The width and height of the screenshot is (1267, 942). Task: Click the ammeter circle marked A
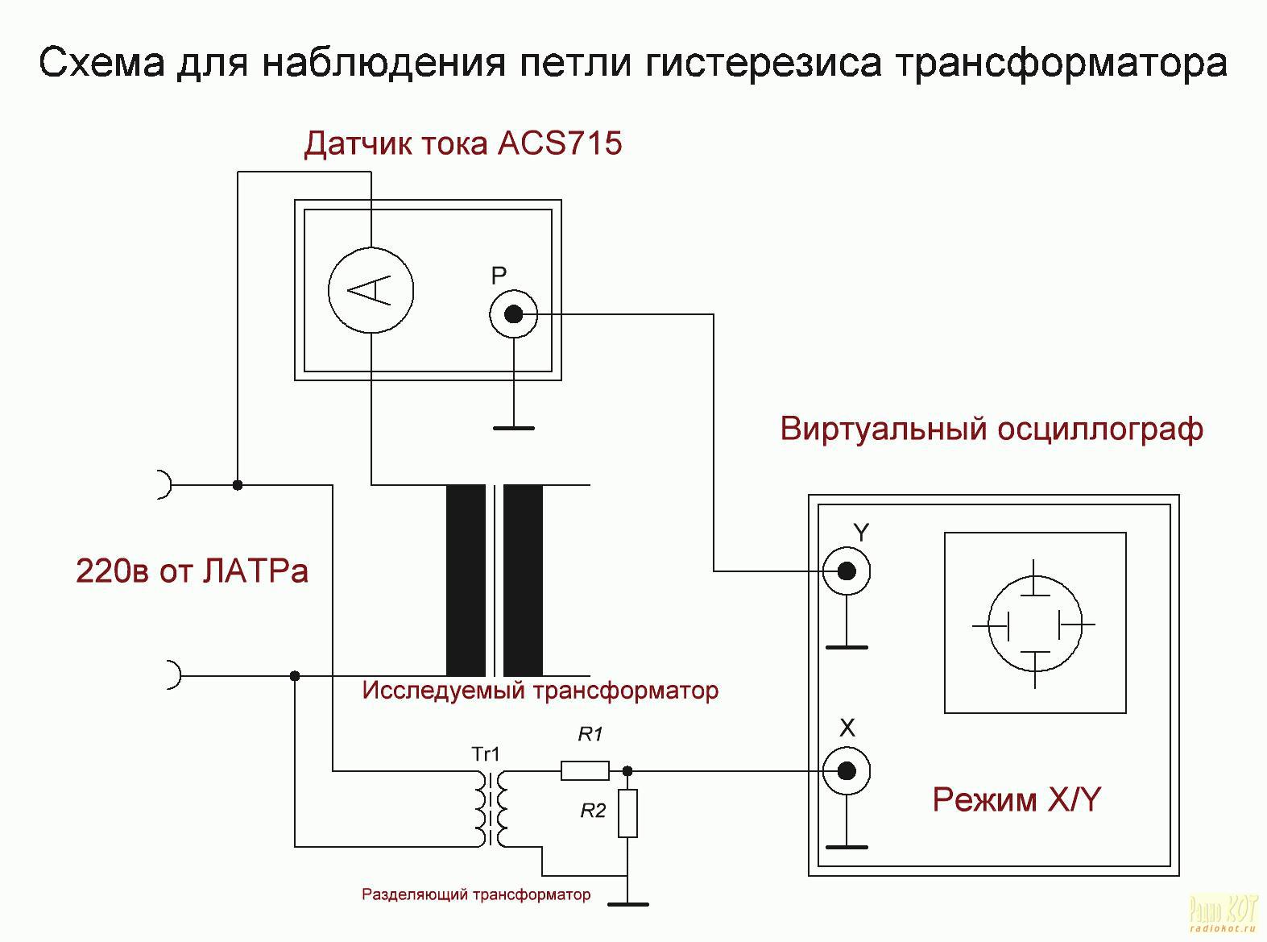pos(371,290)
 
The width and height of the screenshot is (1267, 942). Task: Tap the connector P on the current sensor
pos(514,314)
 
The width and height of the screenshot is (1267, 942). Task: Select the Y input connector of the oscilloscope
pos(846,571)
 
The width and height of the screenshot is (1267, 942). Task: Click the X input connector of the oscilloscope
pos(846,771)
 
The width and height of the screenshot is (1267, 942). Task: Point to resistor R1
pos(585,771)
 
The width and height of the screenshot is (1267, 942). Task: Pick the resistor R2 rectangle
pos(627,813)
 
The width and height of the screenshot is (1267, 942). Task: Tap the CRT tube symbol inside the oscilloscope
pos(1034,625)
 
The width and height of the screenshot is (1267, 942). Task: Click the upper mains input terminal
pos(164,485)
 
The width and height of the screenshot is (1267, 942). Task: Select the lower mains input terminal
pos(172,674)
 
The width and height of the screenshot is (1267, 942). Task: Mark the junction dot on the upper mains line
pos(238,485)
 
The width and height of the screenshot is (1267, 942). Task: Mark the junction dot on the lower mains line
pos(295,675)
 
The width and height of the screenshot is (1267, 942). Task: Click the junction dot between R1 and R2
pos(628,771)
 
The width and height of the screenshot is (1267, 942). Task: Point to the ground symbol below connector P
pos(514,428)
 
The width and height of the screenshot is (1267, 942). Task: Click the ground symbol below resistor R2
pos(627,904)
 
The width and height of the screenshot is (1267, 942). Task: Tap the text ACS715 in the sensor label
pos(560,143)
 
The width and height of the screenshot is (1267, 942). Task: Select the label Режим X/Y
pos(1016,800)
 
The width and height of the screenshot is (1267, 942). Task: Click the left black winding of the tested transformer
pos(466,580)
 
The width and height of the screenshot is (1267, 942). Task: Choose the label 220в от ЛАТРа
pos(192,571)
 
